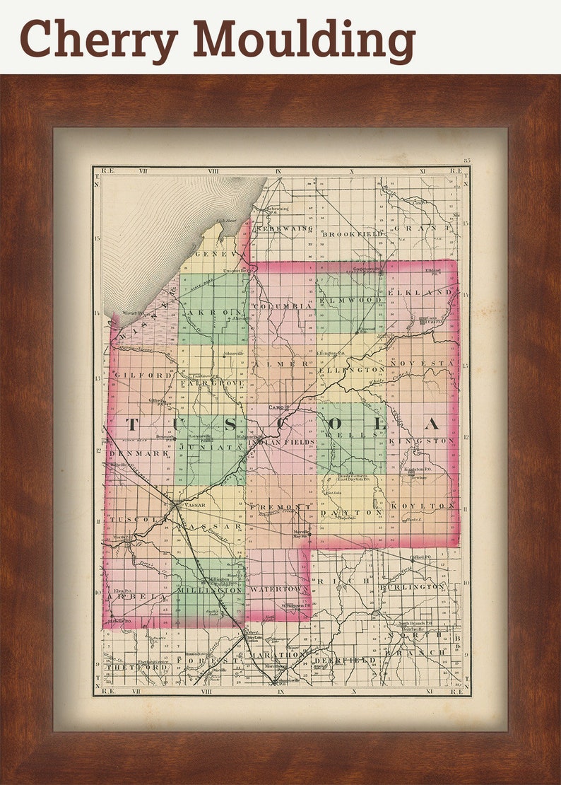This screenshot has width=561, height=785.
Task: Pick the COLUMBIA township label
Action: (281, 306)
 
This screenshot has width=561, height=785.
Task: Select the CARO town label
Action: (276, 408)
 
